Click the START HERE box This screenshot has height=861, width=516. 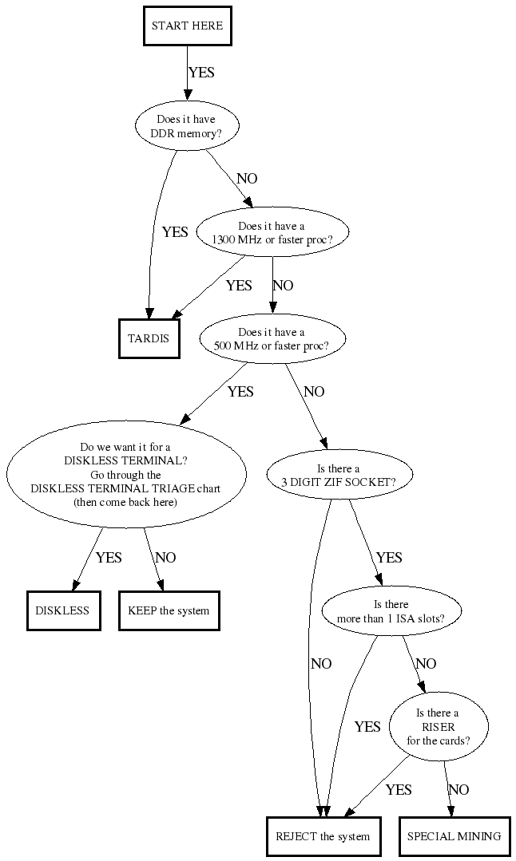click(x=187, y=26)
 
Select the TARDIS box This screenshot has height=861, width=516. click(x=149, y=338)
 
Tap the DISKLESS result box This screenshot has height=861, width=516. click(x=63, y=610)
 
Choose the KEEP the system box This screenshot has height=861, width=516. click(x=169, y=610)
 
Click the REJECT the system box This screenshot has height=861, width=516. click(x=323, y=836)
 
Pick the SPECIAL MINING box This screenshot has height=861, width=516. click(x=454, y=836)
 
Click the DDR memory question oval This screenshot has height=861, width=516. click(x=186, y=127)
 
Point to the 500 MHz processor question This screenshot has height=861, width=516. click(x=272, y=338)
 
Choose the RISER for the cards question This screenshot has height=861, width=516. click(x=438, y=727)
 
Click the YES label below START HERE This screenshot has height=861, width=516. click(x=201, y=73)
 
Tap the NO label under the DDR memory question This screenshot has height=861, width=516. click(x=248, y=179)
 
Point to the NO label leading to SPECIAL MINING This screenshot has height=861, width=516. click(x=459, y=790)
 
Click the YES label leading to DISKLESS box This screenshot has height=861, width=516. click(x=109, y=558)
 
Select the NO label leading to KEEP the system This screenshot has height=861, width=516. click(x=165, y=558)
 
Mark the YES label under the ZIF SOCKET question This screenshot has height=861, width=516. click(x=389, y=558)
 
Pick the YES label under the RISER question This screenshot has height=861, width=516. click(x=399, y=790)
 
